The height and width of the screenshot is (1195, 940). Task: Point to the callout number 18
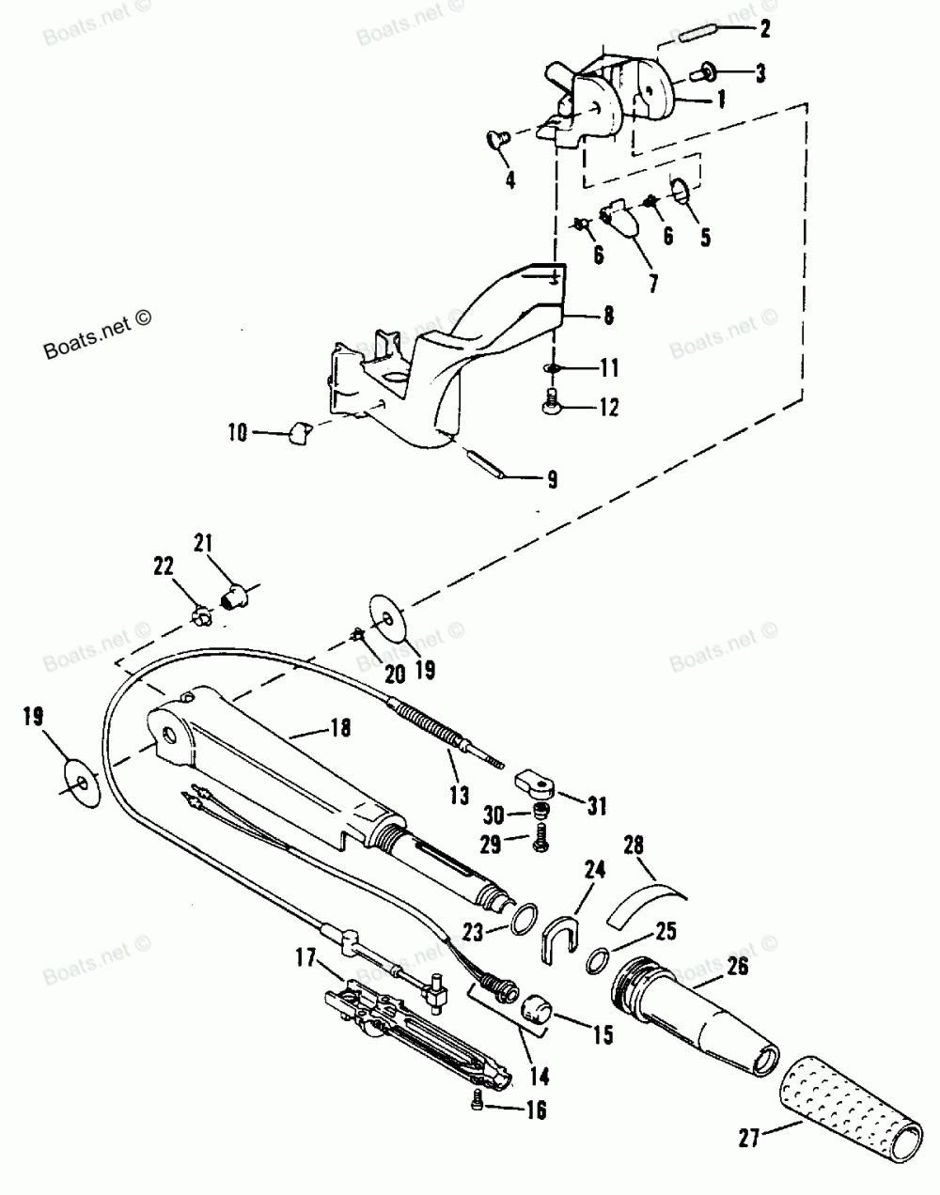[x=340, y=728]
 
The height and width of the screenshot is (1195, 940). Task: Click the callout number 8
[x=609, y=317]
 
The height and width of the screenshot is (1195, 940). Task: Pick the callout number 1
[x=721, y=98]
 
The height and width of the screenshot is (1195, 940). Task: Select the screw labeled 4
[x=494, y=141]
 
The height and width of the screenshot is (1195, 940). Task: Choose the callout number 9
[x=552, y=480]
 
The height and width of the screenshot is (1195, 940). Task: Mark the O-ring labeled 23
[x=526, y=916]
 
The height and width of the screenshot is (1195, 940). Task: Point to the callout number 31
[x=597, y=805]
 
